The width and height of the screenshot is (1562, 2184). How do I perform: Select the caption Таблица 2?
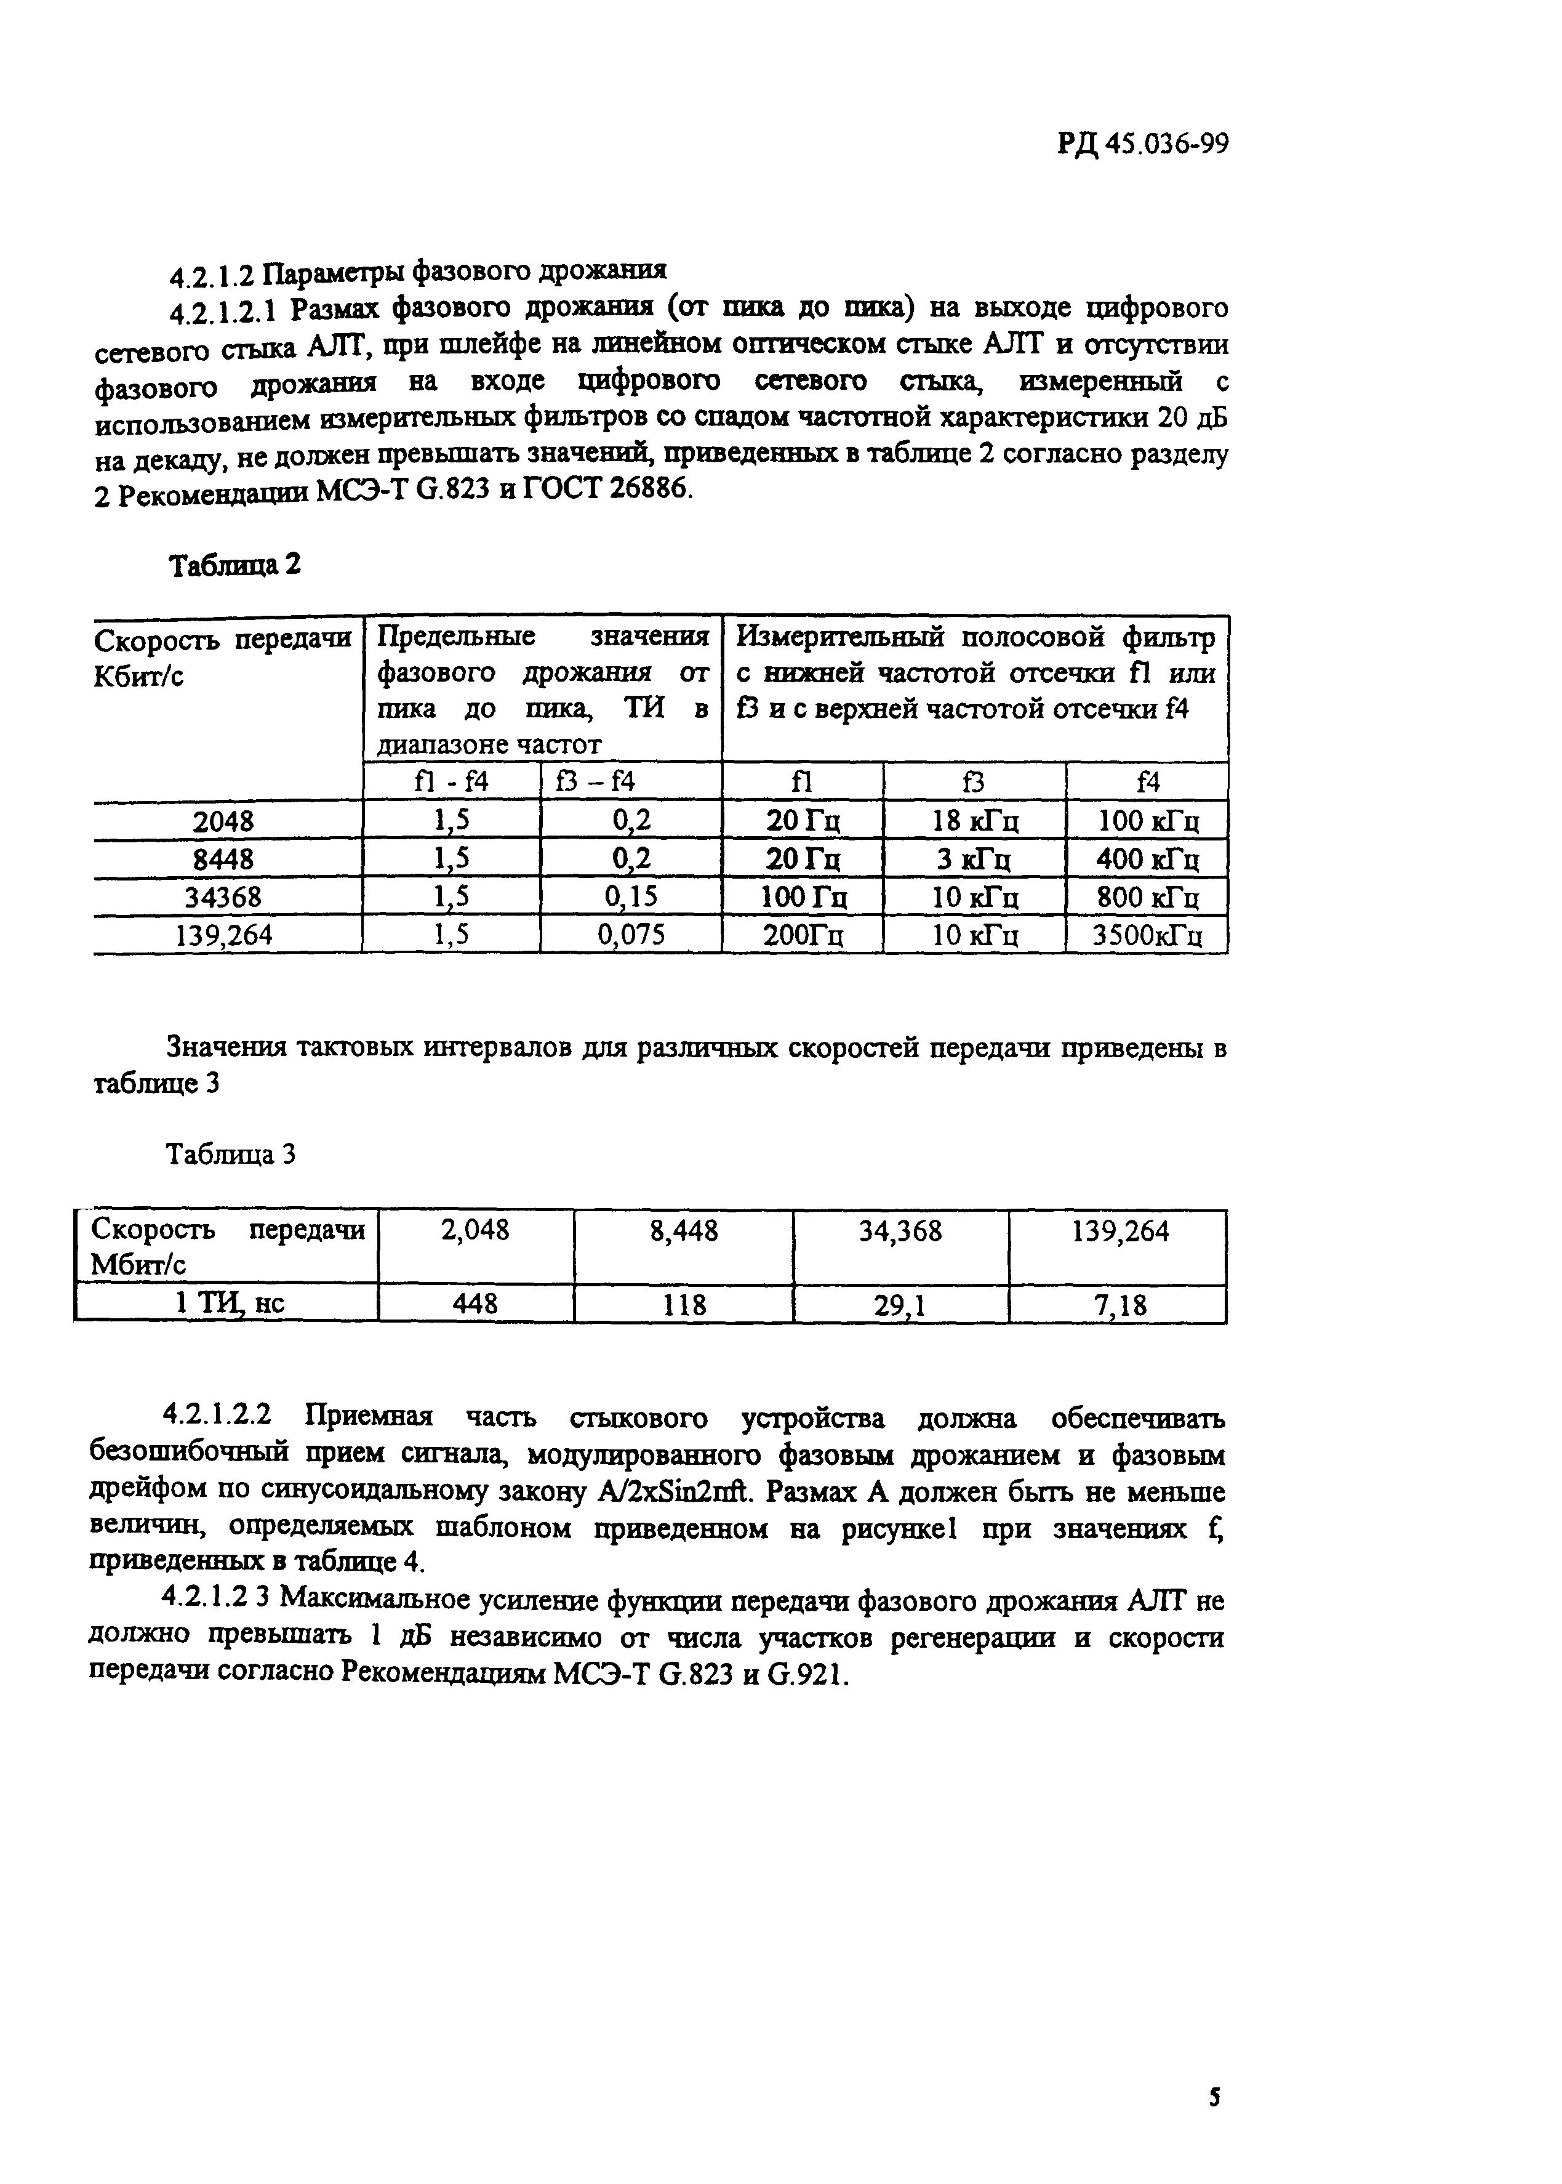[x=234, y=565]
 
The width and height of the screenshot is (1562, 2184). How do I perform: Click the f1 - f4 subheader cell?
[x=451, y=781]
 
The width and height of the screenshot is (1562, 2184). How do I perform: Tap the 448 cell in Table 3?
[x=475, y=1305]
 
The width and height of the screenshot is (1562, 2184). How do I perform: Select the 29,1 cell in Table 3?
[x=900, y=1305]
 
